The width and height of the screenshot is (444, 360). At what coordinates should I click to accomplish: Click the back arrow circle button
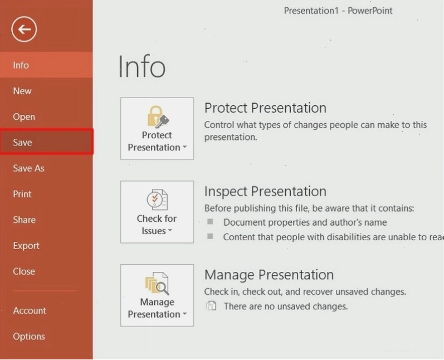pos(24,29)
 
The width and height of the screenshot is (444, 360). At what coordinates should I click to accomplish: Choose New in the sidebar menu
pos(22,91)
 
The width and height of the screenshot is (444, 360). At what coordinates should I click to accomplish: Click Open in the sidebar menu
pos(24,116)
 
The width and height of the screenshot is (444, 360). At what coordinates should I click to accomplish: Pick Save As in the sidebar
pos(28,168)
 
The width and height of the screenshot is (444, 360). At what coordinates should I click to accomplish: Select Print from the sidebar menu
pos(22,194)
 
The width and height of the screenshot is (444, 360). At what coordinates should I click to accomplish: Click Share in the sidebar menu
pos(25,220)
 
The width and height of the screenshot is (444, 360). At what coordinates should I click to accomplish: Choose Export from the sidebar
pos(26,246)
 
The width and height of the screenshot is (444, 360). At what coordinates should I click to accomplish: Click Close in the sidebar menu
pos(24,271)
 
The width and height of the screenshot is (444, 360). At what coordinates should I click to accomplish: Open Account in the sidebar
pos(30,310)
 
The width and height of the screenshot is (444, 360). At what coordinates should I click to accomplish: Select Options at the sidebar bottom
pos(29,336)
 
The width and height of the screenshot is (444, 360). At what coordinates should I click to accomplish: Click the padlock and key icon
pos(158,116)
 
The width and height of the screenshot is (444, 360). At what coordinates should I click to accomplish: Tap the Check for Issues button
pos(157,212)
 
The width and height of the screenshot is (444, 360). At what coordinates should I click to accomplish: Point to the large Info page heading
pos(142,66)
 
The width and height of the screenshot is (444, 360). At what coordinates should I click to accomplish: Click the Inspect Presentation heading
pos(265,192)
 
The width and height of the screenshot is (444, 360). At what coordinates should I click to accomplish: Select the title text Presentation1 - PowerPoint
pos(338,11)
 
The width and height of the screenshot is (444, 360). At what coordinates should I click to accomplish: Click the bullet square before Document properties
pos(210,221)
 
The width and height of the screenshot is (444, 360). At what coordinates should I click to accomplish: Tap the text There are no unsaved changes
pos(286,306)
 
